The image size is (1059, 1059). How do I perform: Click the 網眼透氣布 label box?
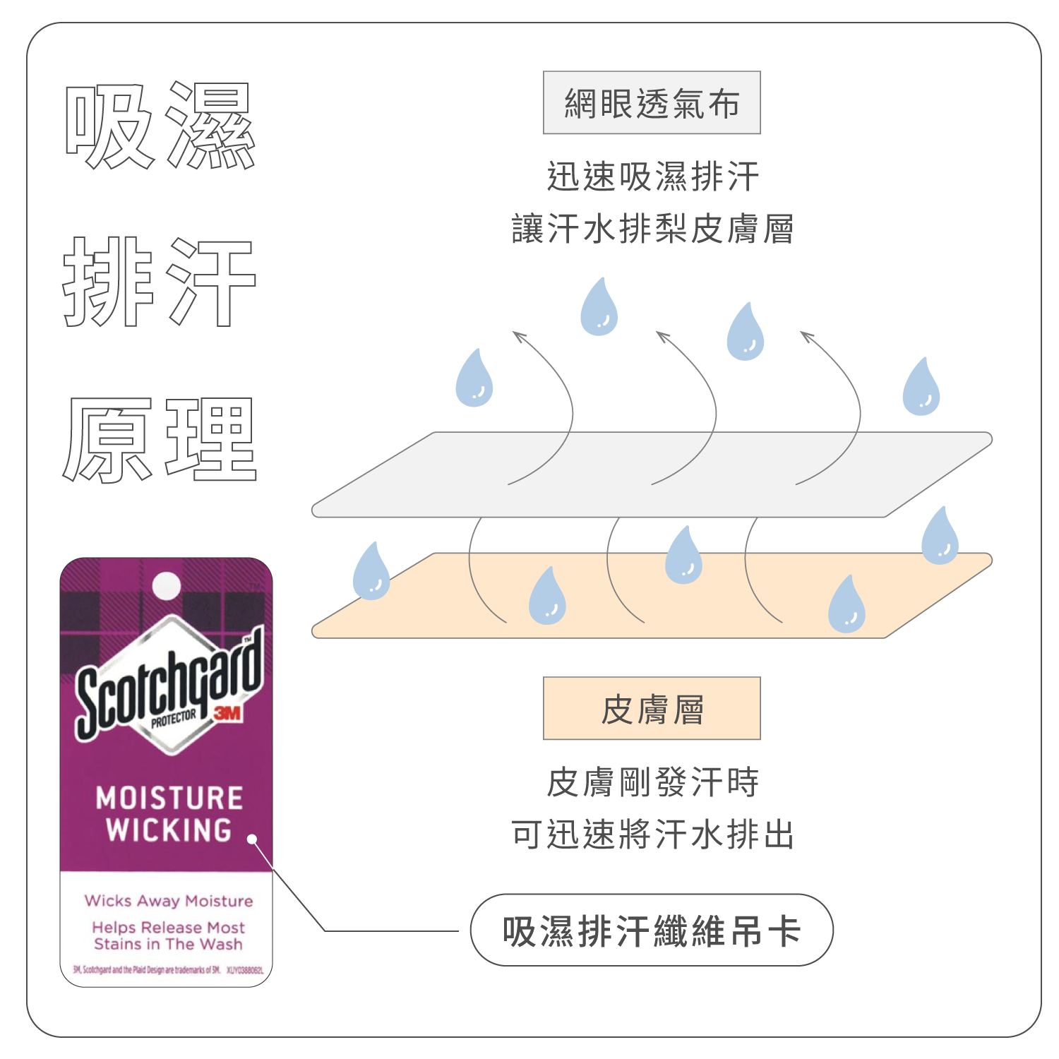(651, 103)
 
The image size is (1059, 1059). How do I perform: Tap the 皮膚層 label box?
(651, 709)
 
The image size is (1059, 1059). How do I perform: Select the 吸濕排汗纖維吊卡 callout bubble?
(651, 931)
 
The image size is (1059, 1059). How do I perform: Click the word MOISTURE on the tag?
(169, 798)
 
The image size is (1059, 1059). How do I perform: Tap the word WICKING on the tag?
(169, 830)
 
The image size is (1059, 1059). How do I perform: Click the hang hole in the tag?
(167, 585)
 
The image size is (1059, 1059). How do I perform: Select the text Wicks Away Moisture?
(169, 901)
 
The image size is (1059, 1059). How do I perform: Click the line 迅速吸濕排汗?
(652, 176)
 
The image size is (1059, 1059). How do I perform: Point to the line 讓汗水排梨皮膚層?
(652, 229)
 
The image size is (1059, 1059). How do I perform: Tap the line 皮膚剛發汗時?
(652, 782)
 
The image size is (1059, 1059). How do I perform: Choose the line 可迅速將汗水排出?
(652, 834)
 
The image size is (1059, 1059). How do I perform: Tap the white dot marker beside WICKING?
(252, 839)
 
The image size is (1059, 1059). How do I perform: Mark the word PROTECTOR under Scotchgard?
(174, 719)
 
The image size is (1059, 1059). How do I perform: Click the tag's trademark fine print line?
(168, 970)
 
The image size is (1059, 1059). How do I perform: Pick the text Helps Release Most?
(169, 927)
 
